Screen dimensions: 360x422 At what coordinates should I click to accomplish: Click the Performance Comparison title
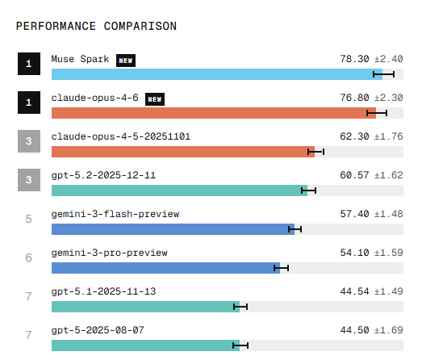pos(96,26)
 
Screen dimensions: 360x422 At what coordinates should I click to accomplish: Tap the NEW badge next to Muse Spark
pos(126,60)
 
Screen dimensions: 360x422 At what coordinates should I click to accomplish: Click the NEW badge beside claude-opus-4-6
pos(155,98)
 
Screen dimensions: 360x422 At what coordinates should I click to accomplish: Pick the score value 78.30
pos(354,60)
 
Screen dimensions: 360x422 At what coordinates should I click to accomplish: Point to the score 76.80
pos(354,98)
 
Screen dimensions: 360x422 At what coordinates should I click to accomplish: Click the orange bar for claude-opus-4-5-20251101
pos(182,152)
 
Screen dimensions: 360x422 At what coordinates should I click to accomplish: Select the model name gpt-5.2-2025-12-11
pos(103,175)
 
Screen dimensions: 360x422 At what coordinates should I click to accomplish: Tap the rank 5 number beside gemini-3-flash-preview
pos(28,219)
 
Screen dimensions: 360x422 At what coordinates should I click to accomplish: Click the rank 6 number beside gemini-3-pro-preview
pos(28,257)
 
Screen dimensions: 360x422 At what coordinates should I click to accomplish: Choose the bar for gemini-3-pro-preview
pos(165,268)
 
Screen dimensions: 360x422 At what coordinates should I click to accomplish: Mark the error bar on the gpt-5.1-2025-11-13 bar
pos(240,307)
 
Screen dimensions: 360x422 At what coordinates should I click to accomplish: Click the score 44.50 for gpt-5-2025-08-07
pos(354,330)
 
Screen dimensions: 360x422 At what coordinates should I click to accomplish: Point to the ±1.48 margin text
pos(388,214)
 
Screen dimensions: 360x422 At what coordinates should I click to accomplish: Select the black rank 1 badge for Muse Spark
pos(28,65)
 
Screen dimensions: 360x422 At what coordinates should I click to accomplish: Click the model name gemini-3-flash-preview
pos(115,214)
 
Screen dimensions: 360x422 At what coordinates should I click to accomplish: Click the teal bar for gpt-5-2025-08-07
pos(145,345)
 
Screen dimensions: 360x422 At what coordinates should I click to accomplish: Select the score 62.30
pos(354,136)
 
